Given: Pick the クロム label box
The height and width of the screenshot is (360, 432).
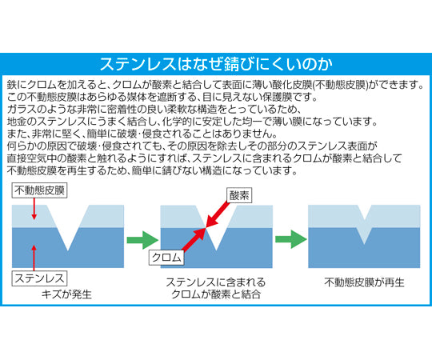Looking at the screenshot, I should tap(166, 258).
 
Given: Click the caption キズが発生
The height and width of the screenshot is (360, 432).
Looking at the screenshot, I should tap(70, 294).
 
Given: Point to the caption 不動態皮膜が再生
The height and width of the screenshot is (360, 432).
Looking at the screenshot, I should tap(363, 282).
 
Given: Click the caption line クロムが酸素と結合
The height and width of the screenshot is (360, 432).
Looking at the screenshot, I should tap(215, 296).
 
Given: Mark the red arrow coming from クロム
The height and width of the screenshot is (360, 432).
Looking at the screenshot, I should tap(194, 241).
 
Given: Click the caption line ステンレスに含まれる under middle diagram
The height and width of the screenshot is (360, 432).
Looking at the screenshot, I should tap(215, 282).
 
